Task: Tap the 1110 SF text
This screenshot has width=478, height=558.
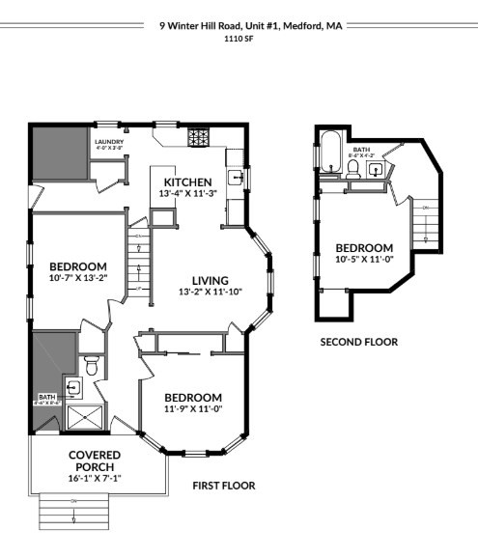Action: [x=239, y=40]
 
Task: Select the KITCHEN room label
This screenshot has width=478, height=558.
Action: [x=187, y=181]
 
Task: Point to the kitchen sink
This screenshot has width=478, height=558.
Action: [x=235, y=176]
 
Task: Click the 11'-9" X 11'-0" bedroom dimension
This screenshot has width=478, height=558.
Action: [x=193, y=409]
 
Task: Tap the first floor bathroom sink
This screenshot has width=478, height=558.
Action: [x=72, y=387]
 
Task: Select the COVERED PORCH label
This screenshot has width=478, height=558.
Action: [x=95, y=460]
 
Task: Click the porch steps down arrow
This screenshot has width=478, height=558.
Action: [x=73, y=514]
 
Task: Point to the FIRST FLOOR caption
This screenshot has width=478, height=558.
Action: [x=223, y=486]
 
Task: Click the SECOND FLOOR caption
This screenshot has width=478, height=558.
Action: [x=358, y=342]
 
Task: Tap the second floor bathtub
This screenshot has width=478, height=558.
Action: [x=328, y=151]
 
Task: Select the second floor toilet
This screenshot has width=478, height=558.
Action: [x=353, y=170]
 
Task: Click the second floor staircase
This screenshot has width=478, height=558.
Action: [x=423, y=227]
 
